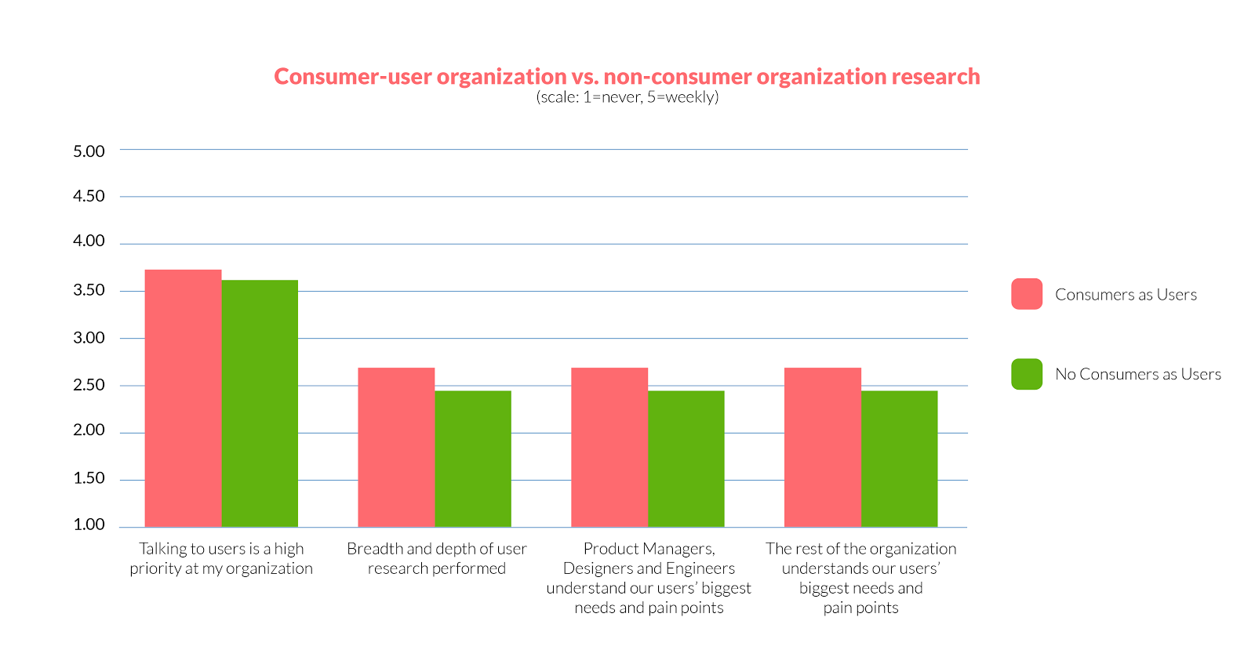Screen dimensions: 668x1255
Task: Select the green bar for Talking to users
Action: click(260, 403)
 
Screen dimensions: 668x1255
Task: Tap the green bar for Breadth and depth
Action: click(473, 459)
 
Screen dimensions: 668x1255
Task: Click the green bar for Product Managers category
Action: click(686, 459)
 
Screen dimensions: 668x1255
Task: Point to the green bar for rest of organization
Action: click(900, 459)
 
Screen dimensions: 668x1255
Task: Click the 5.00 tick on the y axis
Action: click(89, 151)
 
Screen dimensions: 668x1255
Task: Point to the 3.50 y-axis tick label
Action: click(89, 290)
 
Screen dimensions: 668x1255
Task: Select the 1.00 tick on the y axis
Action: click(89, 525)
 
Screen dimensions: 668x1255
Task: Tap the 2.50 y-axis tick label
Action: click(89, 385)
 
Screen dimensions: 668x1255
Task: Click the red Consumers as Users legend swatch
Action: click(1027, 294)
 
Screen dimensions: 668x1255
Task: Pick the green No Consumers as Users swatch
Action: click(1027, 374)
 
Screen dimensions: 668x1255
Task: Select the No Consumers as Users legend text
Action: click(1138, 374)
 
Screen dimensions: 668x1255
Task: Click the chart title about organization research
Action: click(627, 77)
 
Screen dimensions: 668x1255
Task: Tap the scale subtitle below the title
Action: click(627, 97)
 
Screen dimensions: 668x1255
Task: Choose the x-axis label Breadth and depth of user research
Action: click(437, 558)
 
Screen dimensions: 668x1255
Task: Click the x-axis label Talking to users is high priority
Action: click(221, 558)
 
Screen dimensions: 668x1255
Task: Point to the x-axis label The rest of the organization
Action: click(861, 578)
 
